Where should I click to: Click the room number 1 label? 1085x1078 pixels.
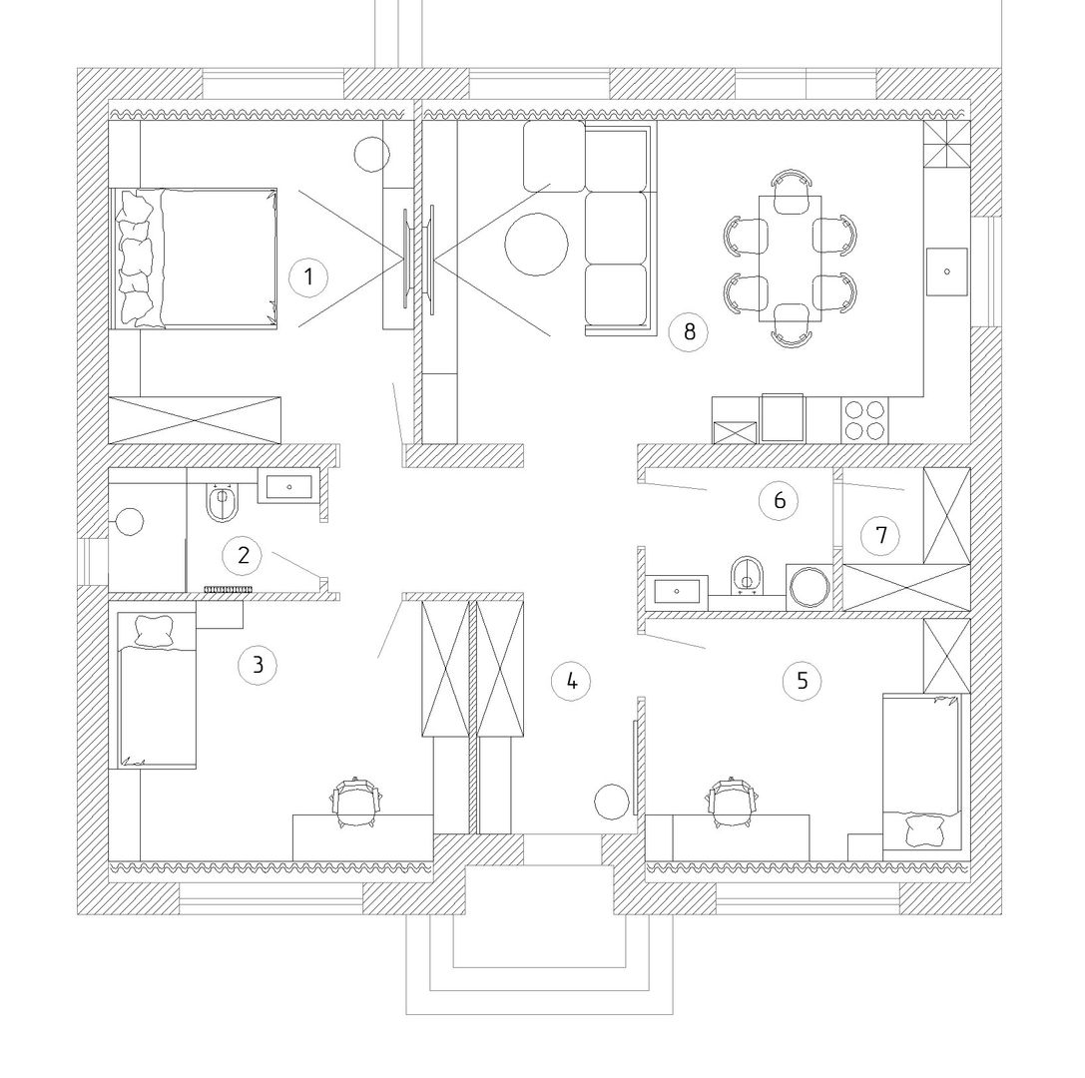[308, 277]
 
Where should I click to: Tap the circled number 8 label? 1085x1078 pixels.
[689, 332]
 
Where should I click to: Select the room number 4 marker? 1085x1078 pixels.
[572, 682]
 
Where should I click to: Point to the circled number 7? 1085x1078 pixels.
[880, 536]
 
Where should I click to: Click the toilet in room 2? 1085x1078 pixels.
[223, 501]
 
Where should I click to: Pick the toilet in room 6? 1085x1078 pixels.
[747, 575]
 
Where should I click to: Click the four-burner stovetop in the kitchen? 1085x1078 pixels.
[864, 420]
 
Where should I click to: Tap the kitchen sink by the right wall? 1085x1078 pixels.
[947, 271]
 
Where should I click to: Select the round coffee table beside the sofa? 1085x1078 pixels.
[536, 245]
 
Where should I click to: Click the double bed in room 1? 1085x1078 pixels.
[195, 258]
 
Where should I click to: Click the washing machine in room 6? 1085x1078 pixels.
[810, 587]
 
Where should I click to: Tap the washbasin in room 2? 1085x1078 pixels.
[288, 486]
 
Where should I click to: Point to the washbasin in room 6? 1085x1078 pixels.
[677, 592]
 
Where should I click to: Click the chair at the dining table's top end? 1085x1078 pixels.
[791, 192]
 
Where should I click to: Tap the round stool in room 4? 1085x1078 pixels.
[612, 802]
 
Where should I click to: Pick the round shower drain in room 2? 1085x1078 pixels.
[130, 522]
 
